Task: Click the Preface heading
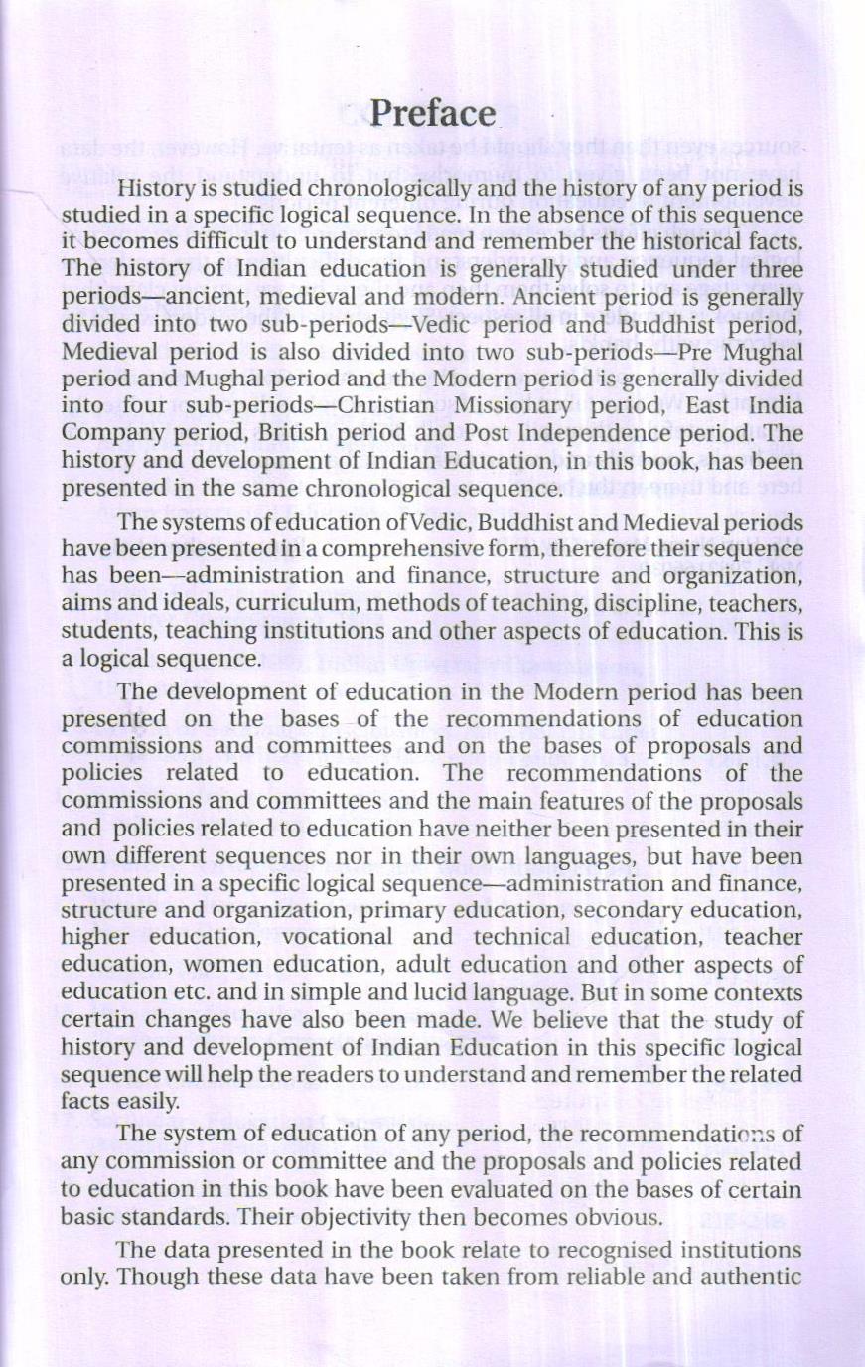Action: tap(433, 113)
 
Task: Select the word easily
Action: tap(154, 1101)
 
